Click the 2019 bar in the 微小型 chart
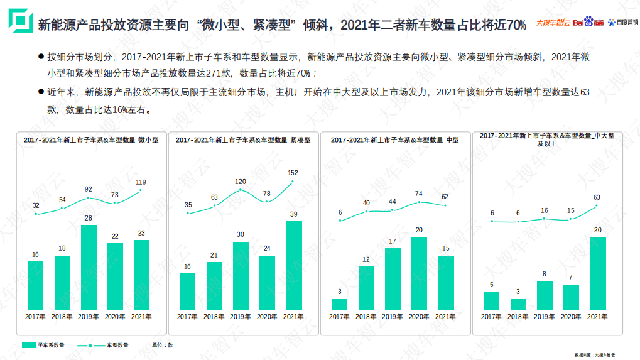[x=89, y=267]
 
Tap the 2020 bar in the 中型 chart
[x=419, y=273]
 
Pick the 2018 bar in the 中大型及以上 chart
[x=518, y=303]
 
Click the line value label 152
[x=293, y=172]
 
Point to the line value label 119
[x=141, y=182]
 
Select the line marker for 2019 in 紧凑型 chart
[x=241, y=190]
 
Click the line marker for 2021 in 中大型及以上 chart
[x=597, y=205]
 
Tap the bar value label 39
[x=293, y=214]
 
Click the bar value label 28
[x=89, y=218]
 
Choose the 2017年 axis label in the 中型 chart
[x=340, y=317]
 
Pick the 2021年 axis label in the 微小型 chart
[x=141, y=317]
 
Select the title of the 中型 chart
[x=394, y=140]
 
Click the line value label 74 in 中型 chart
[x=419, y=194]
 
